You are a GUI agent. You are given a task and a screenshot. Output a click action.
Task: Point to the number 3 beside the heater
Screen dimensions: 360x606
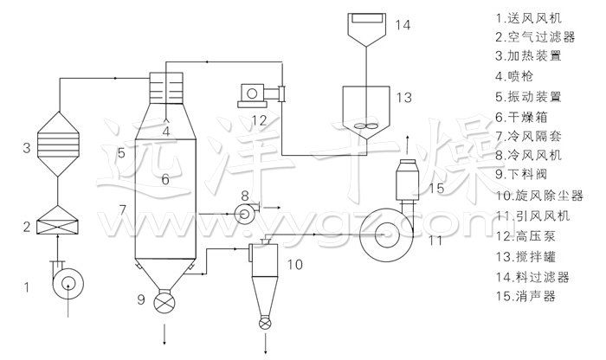click(28, 148)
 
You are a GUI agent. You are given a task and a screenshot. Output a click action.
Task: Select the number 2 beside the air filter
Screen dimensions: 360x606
click(28, 228)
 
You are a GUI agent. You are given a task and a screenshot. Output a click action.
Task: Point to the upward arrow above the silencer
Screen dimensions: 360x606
click(409, 140)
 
